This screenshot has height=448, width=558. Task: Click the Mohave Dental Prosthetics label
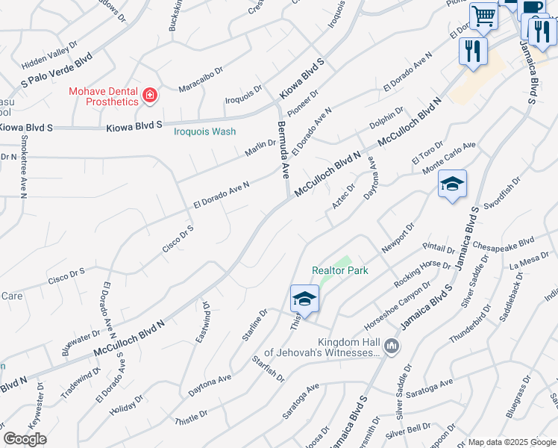(104, 96)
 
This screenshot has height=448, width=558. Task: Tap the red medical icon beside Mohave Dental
(150, 96)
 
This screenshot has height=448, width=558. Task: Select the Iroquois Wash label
(204, 131)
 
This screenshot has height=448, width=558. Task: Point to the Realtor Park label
(339, 271)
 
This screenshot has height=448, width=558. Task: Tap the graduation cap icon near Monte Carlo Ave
(452, 184)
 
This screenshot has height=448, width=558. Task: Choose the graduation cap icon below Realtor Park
(304, 299)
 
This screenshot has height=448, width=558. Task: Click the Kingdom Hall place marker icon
(392, 346)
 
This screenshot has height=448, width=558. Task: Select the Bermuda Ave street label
(283, 150)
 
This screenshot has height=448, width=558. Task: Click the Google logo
(25, 439)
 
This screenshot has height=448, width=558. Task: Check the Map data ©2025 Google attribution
(511, 442)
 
